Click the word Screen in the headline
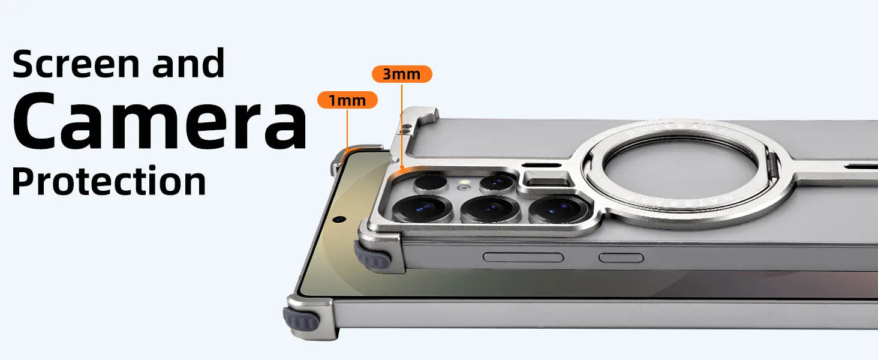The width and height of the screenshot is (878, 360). click(76, 64)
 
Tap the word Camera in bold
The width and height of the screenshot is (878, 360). click(160, 121)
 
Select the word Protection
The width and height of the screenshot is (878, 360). click(109, 181)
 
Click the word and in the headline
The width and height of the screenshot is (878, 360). click(188, 63)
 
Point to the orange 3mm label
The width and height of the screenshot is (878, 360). click(402, 74)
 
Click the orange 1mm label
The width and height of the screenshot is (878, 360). click(347, 100)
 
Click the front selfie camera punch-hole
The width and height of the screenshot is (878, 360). click(339, 219)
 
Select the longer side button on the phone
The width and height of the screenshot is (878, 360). click(524, 257)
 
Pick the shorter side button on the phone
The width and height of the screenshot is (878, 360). click(621, 257)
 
